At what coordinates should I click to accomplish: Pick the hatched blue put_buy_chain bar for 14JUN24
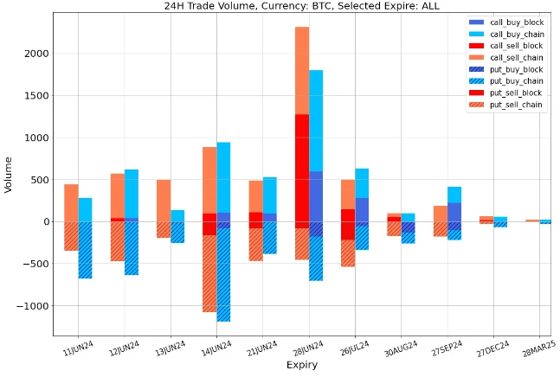coord(223,277)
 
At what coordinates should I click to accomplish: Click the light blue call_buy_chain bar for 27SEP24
coord(454,194)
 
